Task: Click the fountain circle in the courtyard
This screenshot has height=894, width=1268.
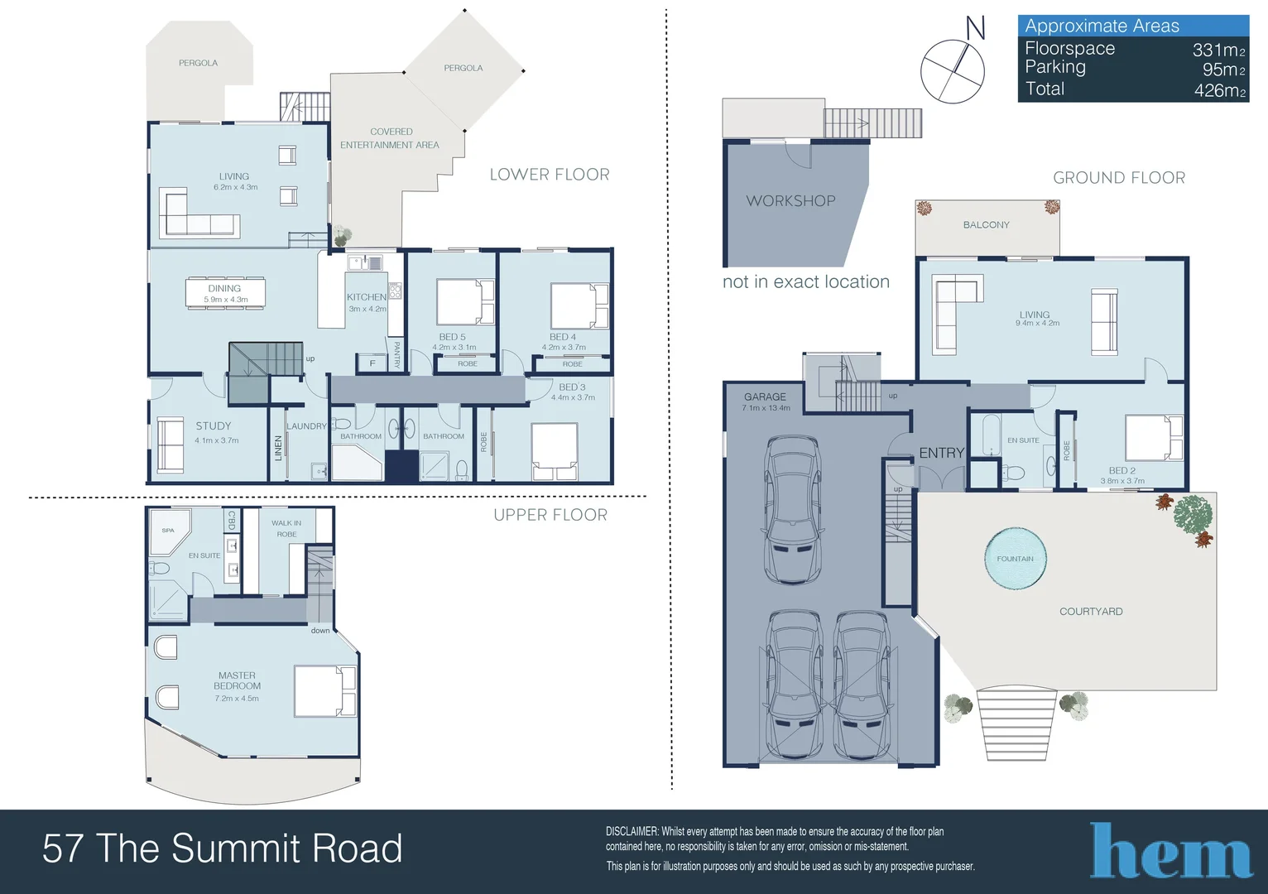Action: coord(1015,559)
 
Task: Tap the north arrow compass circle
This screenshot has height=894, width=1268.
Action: coord(953,71)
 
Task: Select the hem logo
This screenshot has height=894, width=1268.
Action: coord(1170,851)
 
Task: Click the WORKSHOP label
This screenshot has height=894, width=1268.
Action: coord(790,201)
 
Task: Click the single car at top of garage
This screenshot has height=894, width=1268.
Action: coord(795,510)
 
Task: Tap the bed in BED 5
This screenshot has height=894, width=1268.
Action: coord(465,302)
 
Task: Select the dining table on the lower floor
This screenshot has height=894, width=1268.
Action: coord(225,293)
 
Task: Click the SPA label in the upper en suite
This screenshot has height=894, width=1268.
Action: coord(168,531)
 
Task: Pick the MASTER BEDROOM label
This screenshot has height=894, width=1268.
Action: coord(238,680)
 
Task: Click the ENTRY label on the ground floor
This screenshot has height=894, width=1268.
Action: coord(941,453)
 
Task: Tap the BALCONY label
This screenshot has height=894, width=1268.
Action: coord(986,225)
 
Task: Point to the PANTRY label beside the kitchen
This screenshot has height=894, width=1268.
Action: coord(396,354)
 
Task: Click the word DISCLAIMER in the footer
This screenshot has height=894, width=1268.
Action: coord(632,831)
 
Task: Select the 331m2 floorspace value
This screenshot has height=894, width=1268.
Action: coord(1218,50)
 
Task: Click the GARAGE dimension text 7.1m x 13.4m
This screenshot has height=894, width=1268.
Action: coord(766,408)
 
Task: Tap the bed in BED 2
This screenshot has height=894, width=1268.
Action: coord(1153,438)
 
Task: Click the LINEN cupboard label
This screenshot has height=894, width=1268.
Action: coord(278,448)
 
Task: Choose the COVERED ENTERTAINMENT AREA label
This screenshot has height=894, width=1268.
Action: coord(391,138)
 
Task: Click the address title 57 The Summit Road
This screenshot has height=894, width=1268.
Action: coord(222,849)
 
